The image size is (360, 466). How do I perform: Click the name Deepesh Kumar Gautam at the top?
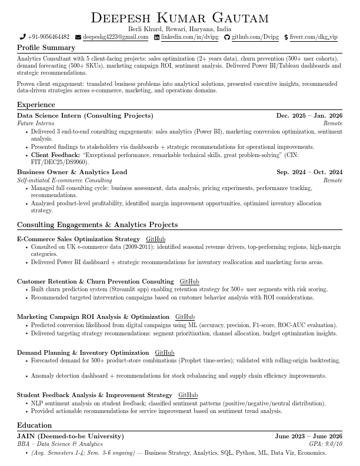[179, 18]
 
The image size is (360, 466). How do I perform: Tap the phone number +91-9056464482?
[48, 37]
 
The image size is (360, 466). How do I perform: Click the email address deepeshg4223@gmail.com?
[115, 37]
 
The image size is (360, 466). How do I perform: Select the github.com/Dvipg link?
[255, 37]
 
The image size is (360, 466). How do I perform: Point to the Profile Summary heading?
[46, 48]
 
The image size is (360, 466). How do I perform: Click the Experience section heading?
[36, 105]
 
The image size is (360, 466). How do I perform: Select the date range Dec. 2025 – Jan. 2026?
[309, 116]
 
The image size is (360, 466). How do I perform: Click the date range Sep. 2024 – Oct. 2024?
[309, 172]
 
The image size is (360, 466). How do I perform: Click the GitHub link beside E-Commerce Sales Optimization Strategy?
[155, 239]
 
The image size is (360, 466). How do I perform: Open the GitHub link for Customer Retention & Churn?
[189, 282]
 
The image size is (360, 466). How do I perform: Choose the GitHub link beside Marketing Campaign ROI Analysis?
[185, 317]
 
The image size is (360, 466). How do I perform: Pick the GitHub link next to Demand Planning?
[165, 353]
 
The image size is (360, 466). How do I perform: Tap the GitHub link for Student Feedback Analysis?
[188, 395]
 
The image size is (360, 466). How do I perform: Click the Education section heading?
[34, 425]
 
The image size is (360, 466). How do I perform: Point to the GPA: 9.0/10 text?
[325, 444]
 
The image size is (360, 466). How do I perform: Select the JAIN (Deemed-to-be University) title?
[70, 437]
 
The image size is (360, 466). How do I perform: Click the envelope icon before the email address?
[78, 37]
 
